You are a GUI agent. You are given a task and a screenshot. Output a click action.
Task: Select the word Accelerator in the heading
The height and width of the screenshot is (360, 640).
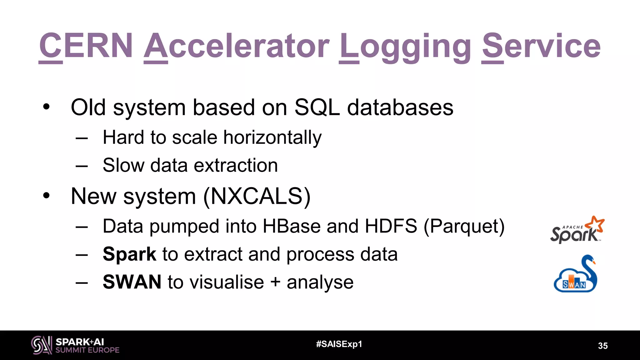pyautogui.click(x=237, y=46)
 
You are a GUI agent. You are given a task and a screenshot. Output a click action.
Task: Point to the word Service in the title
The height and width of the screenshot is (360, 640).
pyautogui.click(x=541, y=46)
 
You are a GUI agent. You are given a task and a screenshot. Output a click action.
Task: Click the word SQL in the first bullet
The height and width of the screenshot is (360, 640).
pyautogui.click(x=317, y=107)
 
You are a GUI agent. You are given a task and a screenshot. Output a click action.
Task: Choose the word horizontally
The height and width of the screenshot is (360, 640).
pyautogui.click(x=272, y=137)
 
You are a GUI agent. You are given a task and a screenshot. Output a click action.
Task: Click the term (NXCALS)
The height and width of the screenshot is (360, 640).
pyautogui.click(x=257, y=197)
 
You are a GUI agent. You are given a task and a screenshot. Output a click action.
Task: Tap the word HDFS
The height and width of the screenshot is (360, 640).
pyautogui.click(x=391, y=226)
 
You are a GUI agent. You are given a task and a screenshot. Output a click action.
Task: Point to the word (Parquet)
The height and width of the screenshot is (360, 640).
pyautogui.click(x=464, y=227)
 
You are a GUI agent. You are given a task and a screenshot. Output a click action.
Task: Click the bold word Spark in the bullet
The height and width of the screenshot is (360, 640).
pyautogui.click(x=129, y=254)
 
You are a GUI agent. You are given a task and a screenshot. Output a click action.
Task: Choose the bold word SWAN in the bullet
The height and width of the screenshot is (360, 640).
pyautogui.click(x=132, y=282)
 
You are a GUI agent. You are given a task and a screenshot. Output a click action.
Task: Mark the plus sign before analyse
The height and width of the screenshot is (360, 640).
pyautogui.click(x=275, y=282)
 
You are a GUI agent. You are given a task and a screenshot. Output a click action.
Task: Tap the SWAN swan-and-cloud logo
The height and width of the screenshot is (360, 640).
pyautogui.click(x=575, y=274)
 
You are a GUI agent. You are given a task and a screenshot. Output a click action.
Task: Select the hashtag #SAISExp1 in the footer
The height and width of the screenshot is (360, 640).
pyautogui.click(x=339, y=344)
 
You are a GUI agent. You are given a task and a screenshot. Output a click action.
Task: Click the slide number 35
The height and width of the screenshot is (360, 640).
pyautogui.click(x=602, y=346)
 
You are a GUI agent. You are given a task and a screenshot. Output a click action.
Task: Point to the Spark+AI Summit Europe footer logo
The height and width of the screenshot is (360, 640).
pyautogui.click(x=75, y=345)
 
